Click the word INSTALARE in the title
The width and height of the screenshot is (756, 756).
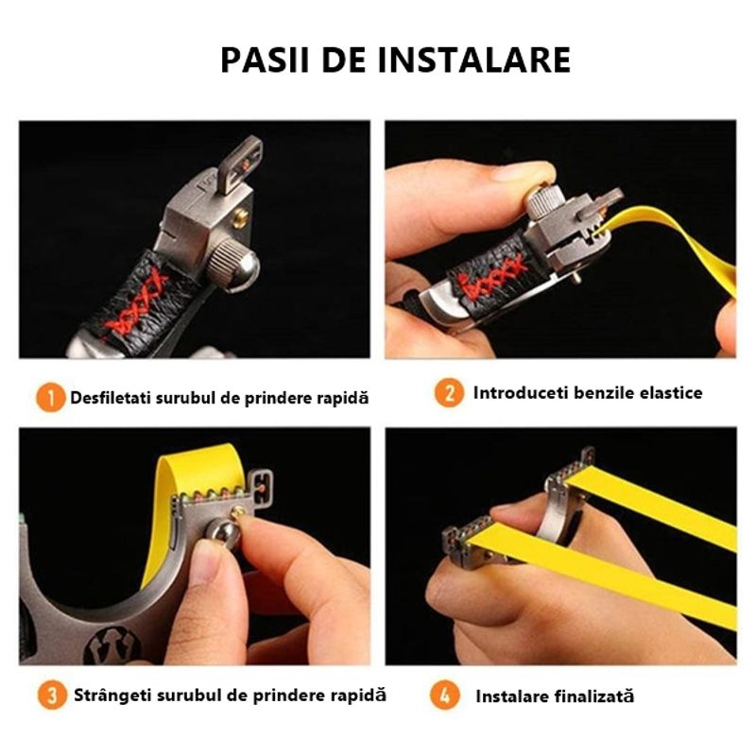point(474,59)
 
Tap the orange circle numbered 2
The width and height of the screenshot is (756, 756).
point(449,392)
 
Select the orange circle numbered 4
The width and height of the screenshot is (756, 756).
point(445,696)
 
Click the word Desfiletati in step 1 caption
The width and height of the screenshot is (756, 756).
point(112,398)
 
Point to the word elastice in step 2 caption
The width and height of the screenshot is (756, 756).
point(669,392)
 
